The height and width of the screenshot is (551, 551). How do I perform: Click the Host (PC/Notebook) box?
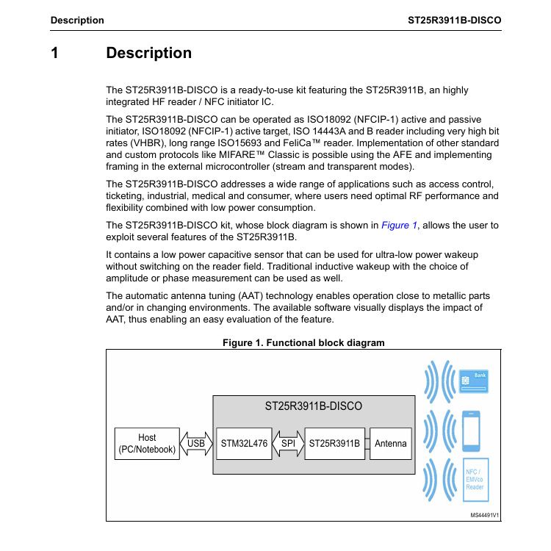[x=147, y=443]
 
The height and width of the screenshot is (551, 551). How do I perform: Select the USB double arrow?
[x=196, y=443]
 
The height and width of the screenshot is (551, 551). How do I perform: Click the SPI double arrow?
[x=288, y=443]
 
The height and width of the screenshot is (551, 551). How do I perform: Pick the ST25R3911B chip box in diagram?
[x=334, y=443]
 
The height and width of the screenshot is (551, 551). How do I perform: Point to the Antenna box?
[x=390, y=443]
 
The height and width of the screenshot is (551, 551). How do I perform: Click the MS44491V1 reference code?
[x=485, y=515]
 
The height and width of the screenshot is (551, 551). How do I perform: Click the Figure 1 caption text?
[x=303, y=342]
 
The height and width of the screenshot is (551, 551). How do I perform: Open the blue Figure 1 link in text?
[x=399, y=226]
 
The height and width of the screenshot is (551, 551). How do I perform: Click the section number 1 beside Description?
[x=54, y=53]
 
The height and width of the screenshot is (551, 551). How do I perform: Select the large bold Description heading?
[x=148, y=53]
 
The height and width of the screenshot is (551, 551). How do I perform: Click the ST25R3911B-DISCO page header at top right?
[x=455, y=20]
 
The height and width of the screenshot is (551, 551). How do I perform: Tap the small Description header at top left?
[x=77, y=20]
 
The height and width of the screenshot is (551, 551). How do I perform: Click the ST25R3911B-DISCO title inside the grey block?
[x=313, y=406]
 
